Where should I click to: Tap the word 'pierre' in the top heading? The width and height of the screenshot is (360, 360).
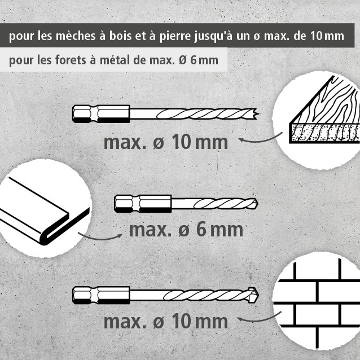point(175,37)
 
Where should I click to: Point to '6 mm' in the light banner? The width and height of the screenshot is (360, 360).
point(204,60)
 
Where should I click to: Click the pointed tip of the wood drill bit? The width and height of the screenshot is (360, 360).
point(258,113)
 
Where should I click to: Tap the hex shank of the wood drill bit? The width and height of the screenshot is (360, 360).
point(101,114)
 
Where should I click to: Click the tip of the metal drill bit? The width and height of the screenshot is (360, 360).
point(256,204)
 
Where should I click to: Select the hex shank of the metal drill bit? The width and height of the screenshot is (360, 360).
point(143,204)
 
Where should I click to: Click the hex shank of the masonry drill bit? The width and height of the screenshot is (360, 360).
point(101,295)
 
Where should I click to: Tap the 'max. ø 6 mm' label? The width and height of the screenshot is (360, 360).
point(186,230)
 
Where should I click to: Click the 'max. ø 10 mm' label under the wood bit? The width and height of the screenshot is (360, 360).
point(166,142)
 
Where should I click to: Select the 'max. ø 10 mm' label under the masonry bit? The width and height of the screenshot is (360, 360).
point(166,322)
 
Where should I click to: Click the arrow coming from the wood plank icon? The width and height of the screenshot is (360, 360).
point(261,139)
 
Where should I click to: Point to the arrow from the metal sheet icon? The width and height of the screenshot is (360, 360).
point(100,238)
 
